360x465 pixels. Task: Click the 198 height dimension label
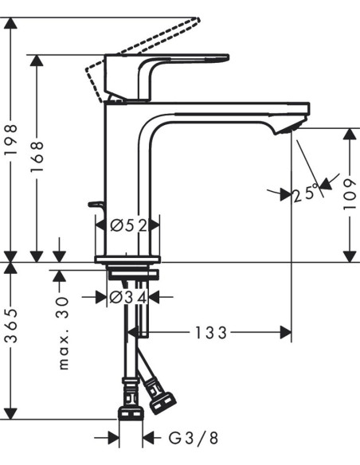click(x=11, y=139)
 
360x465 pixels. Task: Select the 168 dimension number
click(x=37, y=156)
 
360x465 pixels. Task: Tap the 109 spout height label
click(x=350, y=194)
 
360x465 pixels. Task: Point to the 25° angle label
click(x=306, y=193)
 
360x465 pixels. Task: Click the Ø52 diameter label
click(x=129, y=226)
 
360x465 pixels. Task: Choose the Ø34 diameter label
click(x=128, y=298)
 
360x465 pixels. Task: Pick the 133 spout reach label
click(x=211, y=333)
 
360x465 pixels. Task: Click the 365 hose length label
click(x=11, y=326)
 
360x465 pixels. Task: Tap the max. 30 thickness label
click(x=63, y=333)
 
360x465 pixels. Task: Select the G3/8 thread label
click(x=194, y=438)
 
